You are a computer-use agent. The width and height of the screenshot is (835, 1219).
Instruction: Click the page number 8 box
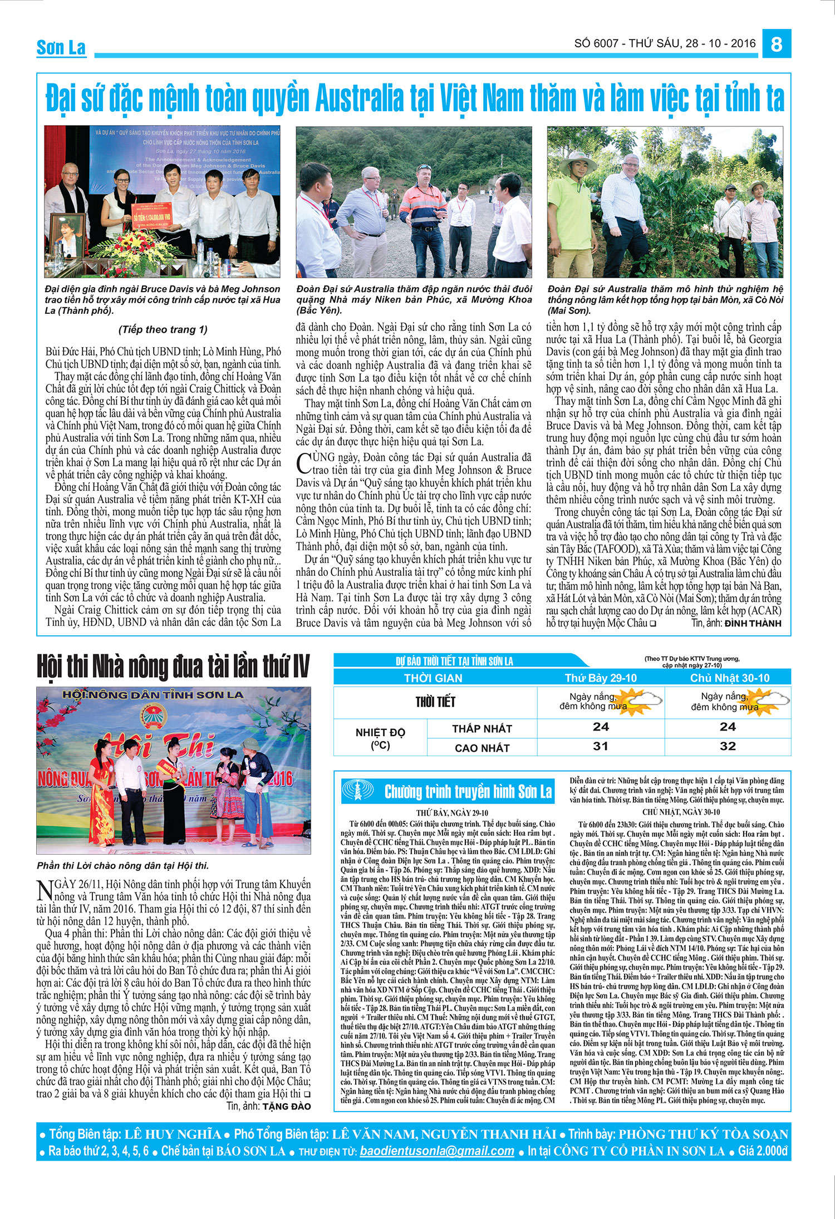pyautogui.click(x=776, y=43)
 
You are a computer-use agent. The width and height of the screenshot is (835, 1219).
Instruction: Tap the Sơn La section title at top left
pyautogui.click(x=61, y=48)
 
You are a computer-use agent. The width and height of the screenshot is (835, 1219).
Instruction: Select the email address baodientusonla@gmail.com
pyautogui.click(x=436, y=1151)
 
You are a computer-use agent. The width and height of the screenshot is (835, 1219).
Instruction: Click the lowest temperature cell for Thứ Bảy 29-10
pyautogui.click(x=601, y=727)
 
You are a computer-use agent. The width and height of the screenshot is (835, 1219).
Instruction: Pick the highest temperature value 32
pyautogui.click(x=728, y=746)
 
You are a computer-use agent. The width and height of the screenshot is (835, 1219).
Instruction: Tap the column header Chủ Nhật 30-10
pyautogui.click(x=729, y=678)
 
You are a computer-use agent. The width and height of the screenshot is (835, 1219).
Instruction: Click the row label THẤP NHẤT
pyautogui.click(x=482, y=728)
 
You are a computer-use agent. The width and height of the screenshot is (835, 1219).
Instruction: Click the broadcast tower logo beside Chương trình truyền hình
pyautogui.click(x=358, y=791)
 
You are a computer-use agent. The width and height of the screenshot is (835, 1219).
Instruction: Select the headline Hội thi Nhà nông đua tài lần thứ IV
pyautogui.click(x=173, y=667)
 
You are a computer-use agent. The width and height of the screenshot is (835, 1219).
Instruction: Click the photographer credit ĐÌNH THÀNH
pyautogui.click(x=753, y=623)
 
